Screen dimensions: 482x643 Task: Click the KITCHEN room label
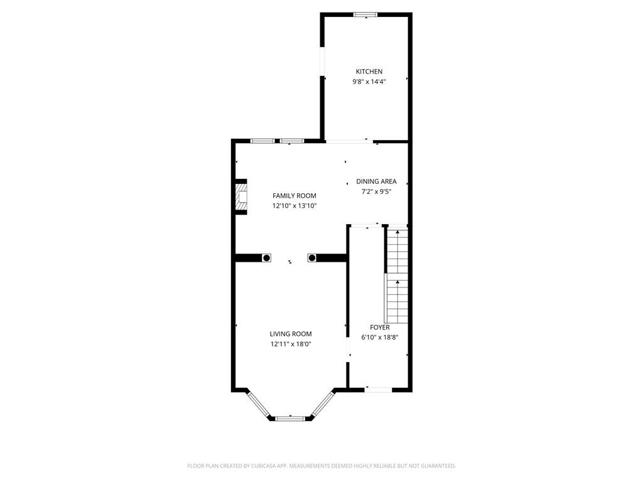(x=369, y=72)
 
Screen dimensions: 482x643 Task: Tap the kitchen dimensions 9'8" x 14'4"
(x=369, y=82)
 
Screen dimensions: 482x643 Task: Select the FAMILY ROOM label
(x=294, y=196)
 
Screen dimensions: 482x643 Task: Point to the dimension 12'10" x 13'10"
(x=294, y=206)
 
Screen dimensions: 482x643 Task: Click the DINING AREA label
(x=376, y=181)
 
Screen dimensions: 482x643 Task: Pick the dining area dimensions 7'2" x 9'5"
(x=376, y=191)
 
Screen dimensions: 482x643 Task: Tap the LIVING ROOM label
(x=291, y=334)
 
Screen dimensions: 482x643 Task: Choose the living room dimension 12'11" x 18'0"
(x=291, y=344)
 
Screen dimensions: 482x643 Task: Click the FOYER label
(x=379, y=327)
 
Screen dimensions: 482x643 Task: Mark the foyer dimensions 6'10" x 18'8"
(x=379, y=337)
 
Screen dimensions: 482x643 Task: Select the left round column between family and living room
(x=266, y=258)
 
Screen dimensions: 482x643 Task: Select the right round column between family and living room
(x=311, y=258)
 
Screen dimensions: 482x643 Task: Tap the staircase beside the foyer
(x=397, y=276)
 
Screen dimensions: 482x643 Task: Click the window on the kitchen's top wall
(x=365, y=14)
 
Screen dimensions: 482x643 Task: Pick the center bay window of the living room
(x=291, y=417)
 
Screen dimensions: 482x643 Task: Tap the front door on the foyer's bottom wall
(x=379, y=390)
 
